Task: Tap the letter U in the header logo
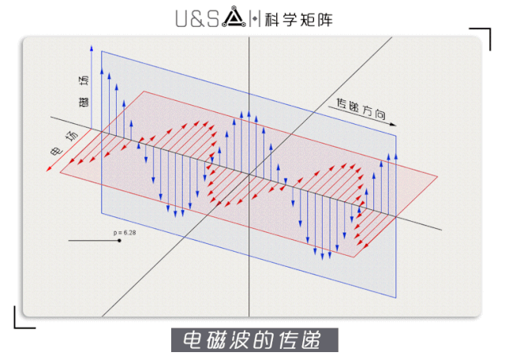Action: click(x=181, y=17)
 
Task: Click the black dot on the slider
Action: click(x=119, y=240)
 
